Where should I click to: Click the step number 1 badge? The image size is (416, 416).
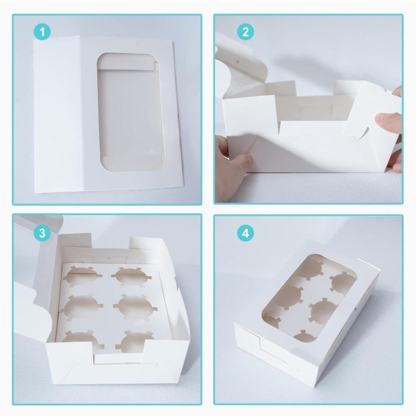42,32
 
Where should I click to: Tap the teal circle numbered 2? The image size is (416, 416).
245,32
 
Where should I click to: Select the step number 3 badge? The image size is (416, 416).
42,233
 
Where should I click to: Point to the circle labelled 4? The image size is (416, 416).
245,233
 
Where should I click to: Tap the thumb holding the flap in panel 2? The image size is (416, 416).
388,121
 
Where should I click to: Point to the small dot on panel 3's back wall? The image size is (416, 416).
109,258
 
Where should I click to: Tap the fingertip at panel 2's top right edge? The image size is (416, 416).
397,91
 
